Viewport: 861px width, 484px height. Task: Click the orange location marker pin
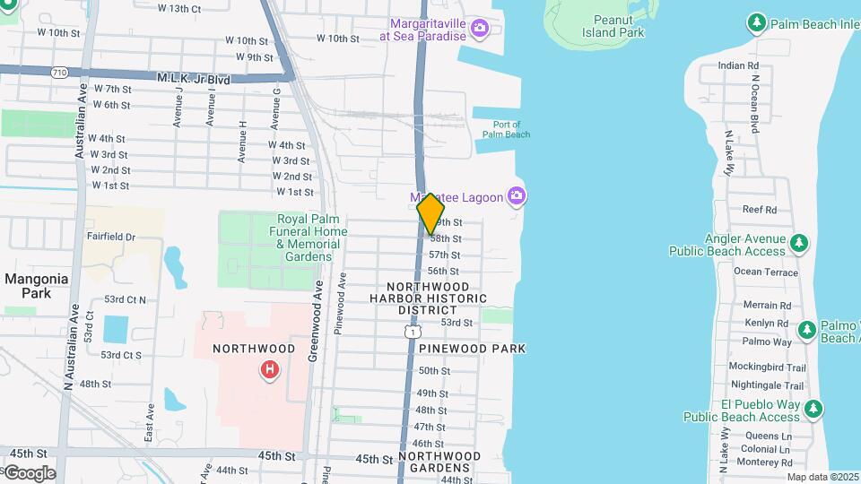[431, 213]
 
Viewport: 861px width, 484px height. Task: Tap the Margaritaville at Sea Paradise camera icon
[480, 29]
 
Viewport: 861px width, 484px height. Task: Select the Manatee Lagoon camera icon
[516, 195]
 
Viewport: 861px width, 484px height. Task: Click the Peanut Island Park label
[619, 25]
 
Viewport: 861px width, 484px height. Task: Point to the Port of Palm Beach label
[507, 129]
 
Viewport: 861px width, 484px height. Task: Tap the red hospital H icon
[268, 369]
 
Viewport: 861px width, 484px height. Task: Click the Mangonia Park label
[36, 285]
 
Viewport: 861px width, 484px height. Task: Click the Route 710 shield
[58, 72]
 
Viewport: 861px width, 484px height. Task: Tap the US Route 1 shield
[411, 332]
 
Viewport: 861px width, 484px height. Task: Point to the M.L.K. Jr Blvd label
[193, 80]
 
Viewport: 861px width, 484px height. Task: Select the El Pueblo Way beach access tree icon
[813, 410]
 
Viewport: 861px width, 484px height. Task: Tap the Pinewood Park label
[472, 348]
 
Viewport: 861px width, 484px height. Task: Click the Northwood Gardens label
[439, 462]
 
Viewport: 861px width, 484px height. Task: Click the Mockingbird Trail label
[767, 367]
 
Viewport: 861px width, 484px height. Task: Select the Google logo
[30, 472]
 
